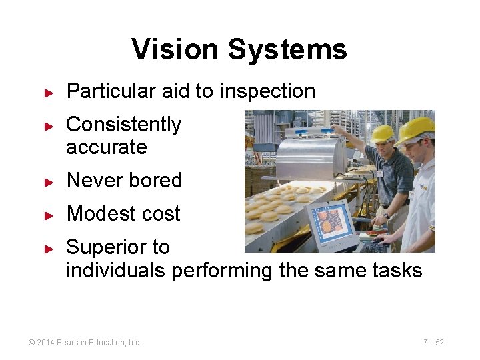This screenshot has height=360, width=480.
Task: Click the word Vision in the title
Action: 175,49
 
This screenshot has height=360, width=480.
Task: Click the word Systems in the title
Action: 287,50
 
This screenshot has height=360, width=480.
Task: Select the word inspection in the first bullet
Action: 267,91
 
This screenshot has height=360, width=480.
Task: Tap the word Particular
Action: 111,91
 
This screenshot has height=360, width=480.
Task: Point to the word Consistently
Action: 123,124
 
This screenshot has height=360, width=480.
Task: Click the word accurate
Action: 106,147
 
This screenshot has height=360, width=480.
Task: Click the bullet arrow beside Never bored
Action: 48,181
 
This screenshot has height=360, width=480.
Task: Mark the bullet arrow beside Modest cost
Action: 48,215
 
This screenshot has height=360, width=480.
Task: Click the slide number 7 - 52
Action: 433,343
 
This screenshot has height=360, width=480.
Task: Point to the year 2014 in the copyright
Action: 45,343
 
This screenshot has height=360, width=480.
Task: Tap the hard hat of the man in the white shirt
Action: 415,130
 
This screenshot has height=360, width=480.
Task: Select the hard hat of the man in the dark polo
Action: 383,133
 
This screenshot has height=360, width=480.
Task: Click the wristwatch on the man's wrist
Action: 387,215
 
